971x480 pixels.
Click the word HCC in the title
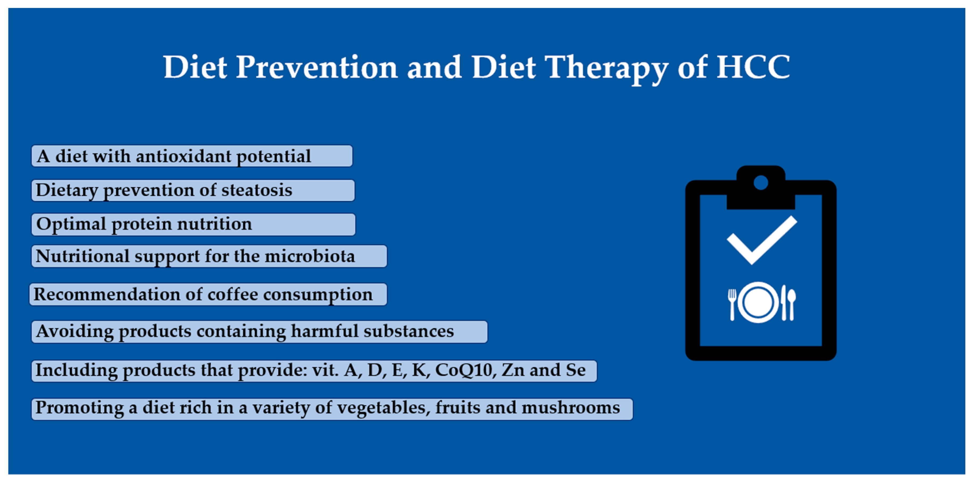(x=753, y=67)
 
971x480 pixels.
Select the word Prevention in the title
(x=317, y=67)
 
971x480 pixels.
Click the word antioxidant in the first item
(x=184, y=156)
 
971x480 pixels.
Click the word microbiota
(x=310, y=256)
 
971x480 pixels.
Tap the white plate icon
(x=758, y=302)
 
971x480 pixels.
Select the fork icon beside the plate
(x=732, y=304)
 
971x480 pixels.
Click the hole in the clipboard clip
(x=761, y=183)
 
